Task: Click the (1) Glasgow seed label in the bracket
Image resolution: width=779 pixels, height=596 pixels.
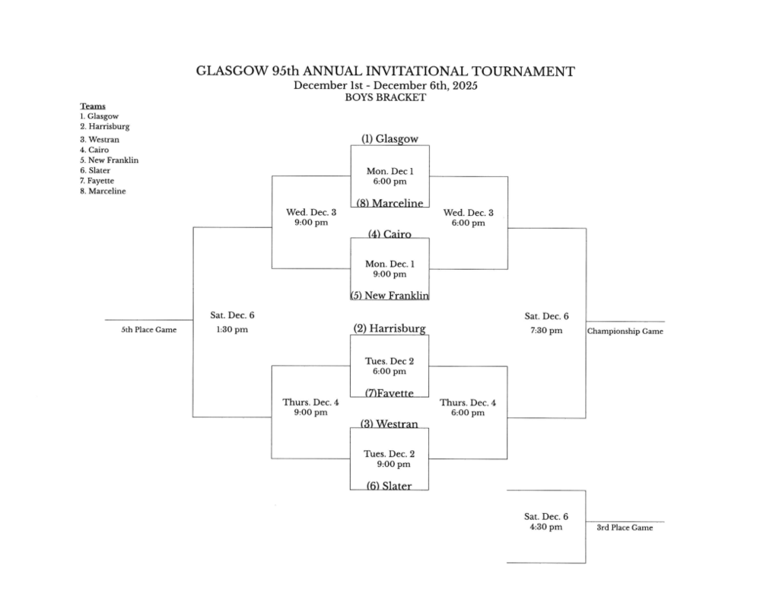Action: (x=389, y=139)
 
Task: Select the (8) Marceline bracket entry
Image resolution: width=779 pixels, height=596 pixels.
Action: (x=389, y=203)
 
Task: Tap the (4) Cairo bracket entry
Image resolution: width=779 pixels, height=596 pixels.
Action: (x=389, y=234)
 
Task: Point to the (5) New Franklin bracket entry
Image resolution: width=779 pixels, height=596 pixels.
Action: (x=389, y=295)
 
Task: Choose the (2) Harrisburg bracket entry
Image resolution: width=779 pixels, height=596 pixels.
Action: (x=389, y=328)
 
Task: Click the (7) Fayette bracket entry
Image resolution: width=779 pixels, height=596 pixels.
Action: (x=389, y=393)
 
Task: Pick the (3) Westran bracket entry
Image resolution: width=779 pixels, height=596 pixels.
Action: (x=389, y=424)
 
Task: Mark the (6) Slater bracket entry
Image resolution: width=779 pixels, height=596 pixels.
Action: (x=389, y=486)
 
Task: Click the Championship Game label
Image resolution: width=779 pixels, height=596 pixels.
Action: (x=625, y=331)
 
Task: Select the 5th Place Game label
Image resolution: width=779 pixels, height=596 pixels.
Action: (x=149, y=330)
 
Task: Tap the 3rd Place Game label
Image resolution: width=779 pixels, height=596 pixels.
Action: (x=625, y=528)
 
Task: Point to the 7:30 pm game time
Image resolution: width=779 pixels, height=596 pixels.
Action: (x=545, y=330)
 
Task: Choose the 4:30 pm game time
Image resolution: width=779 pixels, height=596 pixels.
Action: (x=545, y=527)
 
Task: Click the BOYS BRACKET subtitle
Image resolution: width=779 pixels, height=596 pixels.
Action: (x=385, y=97)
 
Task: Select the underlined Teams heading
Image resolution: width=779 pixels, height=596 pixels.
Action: (x=93, y=106)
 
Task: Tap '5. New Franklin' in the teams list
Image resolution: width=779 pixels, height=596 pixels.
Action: (x=110, y=160)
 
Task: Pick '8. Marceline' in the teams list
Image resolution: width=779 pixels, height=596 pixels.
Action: (x=103, y=192)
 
